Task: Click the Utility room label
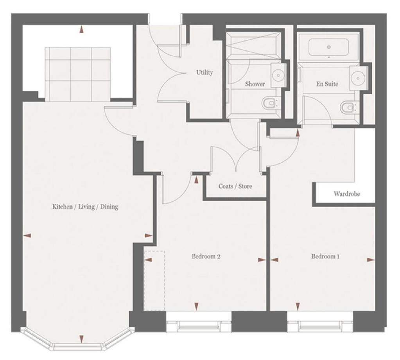tap(204, 73)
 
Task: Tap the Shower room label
tap(255, 84)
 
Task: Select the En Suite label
tap(327, 84)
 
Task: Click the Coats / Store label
tap(235, 186)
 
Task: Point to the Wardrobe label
tap(347, 194)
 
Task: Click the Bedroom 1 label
tap(325, 256)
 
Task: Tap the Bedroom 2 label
tap(206, 256)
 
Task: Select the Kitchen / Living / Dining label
tap(85, 206)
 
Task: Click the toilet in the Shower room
tap(269, 103)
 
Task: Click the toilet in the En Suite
tap(348, 107)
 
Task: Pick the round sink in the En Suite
tap(358, 79)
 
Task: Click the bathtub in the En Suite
tap(329, 47)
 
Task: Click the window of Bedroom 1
tap(320, 322)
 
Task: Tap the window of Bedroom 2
tap(199, 322)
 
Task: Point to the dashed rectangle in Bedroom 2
tap(154, 281)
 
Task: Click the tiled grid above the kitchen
tap(78, 74)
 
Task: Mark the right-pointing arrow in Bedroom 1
tap(371, 260)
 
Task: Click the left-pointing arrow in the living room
tap(27, 236)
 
